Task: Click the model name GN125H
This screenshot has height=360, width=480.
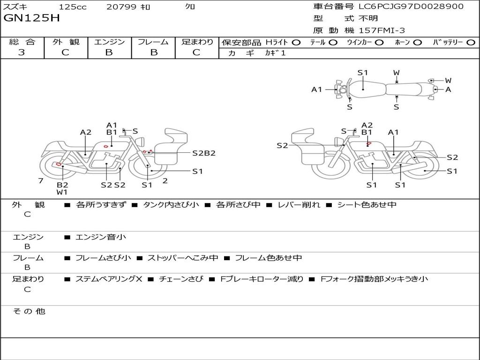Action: point(31,18)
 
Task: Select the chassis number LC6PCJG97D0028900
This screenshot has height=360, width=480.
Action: point(411,7)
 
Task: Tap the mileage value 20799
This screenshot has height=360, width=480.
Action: point(121,7)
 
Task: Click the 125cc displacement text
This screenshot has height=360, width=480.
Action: point(73,7)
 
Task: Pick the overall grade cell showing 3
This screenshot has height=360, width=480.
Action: point(22,52)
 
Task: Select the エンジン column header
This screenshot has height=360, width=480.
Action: point(109,42)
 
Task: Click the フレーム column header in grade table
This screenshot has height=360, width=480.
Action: point(153,42)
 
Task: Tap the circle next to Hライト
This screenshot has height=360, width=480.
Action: point(296,43)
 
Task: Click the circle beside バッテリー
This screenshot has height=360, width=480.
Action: point(471,43)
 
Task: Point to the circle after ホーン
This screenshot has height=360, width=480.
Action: point(417,43)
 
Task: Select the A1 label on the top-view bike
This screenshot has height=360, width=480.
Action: point(317,90)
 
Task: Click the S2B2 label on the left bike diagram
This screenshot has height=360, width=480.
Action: point(204,153)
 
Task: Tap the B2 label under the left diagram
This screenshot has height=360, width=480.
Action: point(62,185)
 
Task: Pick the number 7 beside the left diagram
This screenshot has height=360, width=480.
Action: point(41,181)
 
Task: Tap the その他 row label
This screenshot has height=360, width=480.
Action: point(29,311)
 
